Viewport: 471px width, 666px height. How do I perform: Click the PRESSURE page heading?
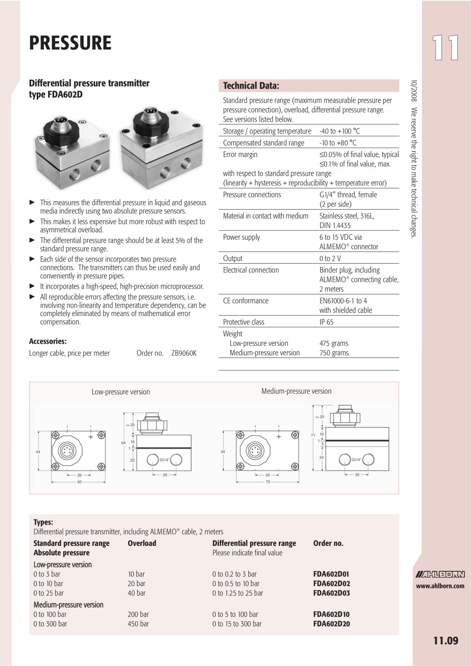pyautogui.click(x=70, y=43)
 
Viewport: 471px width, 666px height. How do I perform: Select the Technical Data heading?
pyautogui.click(x=251, y=86)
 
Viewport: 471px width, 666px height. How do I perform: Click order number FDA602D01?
pyautogui.click(x=331, y=574)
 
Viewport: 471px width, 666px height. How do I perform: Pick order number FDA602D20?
pyautogui.click(x=331, y=624)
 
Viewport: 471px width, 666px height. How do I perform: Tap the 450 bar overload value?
pyautogui.click(x=138, y=624)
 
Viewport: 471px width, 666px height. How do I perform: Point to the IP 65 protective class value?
pyautogui.click(x=326, y=322)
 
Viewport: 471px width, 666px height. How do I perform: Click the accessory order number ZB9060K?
pyautogui.click(x=184, y=353)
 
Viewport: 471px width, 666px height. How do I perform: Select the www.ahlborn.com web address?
pyautogui.click(x=440, y=586)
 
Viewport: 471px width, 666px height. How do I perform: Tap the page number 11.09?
pyautogui.click(x=446, y=641)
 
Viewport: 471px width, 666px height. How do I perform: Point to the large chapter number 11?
pyautogui.click(x=446, y=48)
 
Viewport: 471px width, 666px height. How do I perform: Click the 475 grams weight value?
pyautogui.click(x=333, y=343)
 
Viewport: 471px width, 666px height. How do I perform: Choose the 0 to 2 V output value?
pyautogui.click(x=330, y=259)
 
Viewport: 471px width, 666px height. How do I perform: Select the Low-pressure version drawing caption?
pyautogui.click(x=121, y=392)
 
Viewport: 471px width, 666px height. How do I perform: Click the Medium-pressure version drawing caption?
pyautogui.click(x=296, y=391)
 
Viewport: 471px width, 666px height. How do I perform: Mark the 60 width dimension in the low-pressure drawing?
pyautogui.click(x=80, y=482)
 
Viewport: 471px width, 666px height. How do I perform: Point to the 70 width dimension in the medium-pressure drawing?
pyautogui.click(x=268, y=482)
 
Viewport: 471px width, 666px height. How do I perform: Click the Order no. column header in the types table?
pyautogui.click(x=328, y=543)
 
